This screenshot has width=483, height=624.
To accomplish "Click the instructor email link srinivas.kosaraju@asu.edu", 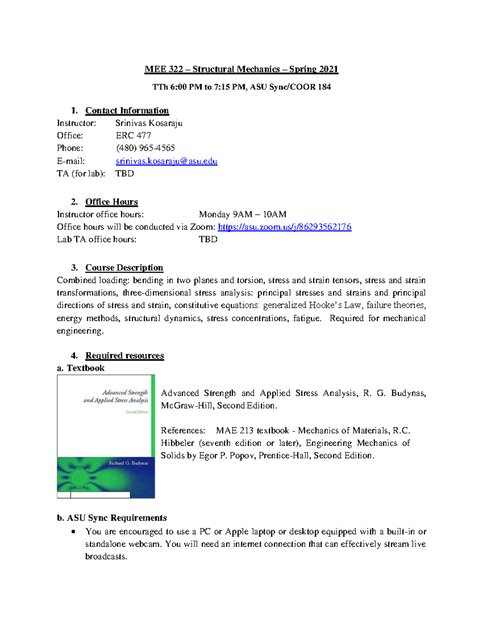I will (x=166, y=161).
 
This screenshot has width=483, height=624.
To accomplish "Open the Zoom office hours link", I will (x=284, y=227).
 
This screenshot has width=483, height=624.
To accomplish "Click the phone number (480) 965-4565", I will (x=145, y=148).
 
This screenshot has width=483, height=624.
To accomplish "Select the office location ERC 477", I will (x=133, y=135).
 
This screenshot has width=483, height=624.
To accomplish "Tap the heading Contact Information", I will (x=127, y=110).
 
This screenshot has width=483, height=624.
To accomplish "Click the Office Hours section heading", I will (x=111, y=202).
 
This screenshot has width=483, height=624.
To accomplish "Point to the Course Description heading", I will (x=124, y=268).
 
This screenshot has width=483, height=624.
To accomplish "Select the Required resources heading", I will (x=124, y=356).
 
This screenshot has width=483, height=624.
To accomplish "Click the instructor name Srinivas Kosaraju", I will (x=149, y=123).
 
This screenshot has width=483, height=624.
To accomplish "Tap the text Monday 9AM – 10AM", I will (x=242, y=214).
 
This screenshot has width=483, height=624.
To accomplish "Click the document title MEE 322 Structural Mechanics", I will (x=241, y=69).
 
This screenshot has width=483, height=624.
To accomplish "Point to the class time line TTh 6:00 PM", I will (x=241, y=87).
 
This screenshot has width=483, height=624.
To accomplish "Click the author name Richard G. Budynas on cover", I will (x=128, y=463).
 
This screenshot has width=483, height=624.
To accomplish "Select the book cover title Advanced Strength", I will (x=125, y=393).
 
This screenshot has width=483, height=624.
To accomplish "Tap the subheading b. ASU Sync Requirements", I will (x=111, y=518).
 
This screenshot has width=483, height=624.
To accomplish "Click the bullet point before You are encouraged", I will (x=73, y=532).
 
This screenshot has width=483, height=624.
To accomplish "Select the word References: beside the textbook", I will (x=183, y=430).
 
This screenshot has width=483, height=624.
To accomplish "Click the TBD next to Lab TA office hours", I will (x=208, y=239).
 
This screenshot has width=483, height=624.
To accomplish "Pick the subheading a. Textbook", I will (x=80, y=368).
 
